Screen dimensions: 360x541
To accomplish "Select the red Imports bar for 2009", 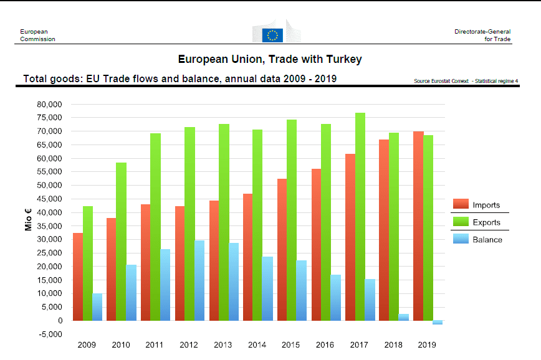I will [77, 277].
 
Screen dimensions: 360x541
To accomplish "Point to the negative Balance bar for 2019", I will [437, 323].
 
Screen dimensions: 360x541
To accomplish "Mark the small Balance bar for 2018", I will [403, 317].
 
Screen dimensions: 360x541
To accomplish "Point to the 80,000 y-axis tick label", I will [50, 104].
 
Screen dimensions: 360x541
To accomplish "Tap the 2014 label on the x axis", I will [257, 344].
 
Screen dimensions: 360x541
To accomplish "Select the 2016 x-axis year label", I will [325, 344].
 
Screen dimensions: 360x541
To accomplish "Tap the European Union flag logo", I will [272, 35].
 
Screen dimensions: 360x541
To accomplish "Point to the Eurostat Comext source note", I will [466, 81].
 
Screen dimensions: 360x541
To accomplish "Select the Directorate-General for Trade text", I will [482, 35].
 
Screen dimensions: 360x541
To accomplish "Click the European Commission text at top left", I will [37, 35].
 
